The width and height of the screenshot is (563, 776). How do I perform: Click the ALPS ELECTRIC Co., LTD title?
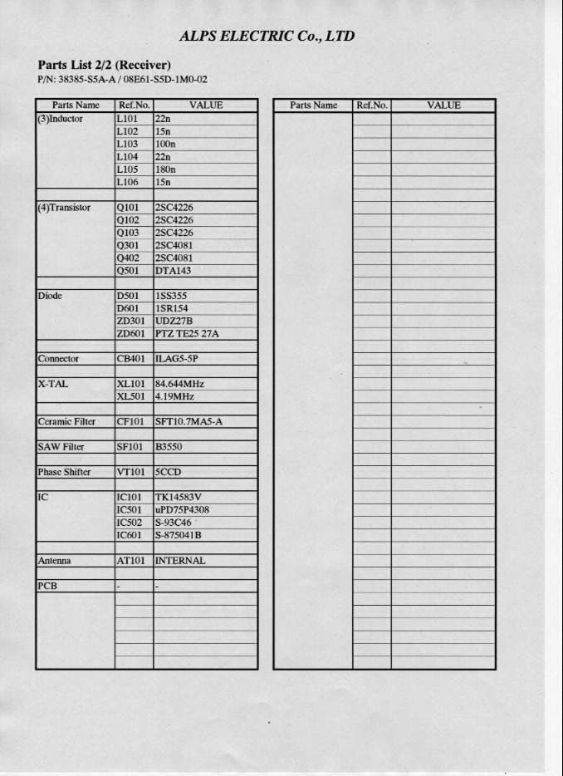coord(267,36)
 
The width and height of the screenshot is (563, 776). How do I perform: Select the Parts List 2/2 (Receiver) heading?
coord(105,65)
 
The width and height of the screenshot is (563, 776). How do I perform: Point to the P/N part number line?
coord(122,80)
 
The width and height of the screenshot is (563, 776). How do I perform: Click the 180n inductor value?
coord(166,169)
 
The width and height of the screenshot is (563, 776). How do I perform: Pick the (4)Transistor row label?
coord(64,208)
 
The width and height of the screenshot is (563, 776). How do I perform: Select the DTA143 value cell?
coord(174,271)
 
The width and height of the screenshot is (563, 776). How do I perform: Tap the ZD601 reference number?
coord(131,334)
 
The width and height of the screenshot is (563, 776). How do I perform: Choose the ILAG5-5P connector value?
coord(177,359)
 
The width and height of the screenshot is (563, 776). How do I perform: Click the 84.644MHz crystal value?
coord(179,385)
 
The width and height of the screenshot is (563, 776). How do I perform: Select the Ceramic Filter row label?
coord(66,422)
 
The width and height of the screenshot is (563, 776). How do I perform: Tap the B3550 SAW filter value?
coord(169,447)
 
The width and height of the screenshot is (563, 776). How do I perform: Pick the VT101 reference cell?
coord(130,472)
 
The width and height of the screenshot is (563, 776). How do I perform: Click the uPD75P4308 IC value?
coord(182,510)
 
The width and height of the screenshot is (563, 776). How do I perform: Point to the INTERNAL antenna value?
coord(180,561)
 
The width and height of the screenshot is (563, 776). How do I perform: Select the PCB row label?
coord(47,586)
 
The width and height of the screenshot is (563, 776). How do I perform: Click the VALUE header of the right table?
coord(443,106)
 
